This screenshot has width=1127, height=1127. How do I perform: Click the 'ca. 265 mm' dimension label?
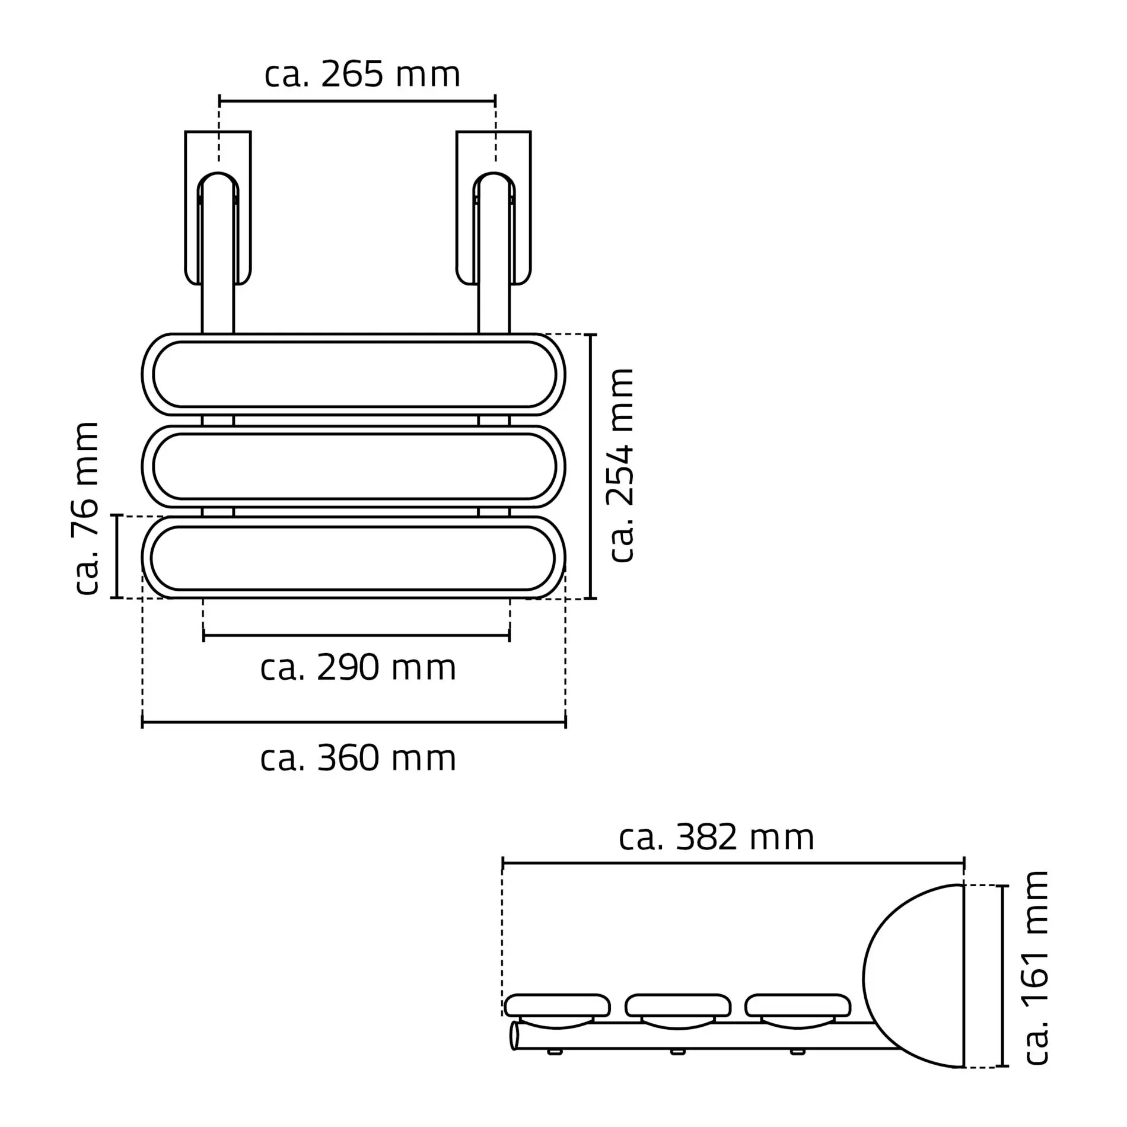point(362,75)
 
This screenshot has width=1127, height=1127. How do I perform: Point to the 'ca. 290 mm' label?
point(358,668)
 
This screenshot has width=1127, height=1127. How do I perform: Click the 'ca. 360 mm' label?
point(358,759)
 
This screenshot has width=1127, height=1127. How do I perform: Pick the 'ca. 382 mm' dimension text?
point(717,838)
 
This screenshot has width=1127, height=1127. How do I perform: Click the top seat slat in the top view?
point(354,374)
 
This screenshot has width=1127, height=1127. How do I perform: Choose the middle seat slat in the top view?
point(354,466)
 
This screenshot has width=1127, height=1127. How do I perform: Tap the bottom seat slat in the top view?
point(354,558)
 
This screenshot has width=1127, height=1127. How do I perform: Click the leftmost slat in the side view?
point(557,1005)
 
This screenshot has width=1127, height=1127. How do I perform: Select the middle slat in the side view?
point(678,1005)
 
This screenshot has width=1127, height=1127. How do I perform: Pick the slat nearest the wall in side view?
point(798,1005)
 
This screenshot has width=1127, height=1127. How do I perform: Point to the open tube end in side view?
point(514,1036)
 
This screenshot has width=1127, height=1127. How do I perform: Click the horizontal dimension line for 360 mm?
point(354,722)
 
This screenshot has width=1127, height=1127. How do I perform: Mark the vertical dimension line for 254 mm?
point(591,466)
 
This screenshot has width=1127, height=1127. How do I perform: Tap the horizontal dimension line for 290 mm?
point(356,636)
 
